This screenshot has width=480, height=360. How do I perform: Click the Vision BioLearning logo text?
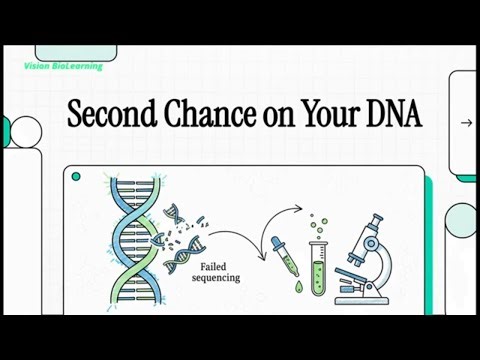62,67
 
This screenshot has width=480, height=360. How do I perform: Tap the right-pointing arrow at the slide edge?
465,123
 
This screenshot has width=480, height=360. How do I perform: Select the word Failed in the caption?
213,267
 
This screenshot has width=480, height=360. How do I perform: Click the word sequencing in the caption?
216,278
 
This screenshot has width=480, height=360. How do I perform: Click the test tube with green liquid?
317,262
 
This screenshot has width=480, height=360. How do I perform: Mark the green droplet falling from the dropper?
298,288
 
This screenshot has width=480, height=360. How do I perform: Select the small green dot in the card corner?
76,177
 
